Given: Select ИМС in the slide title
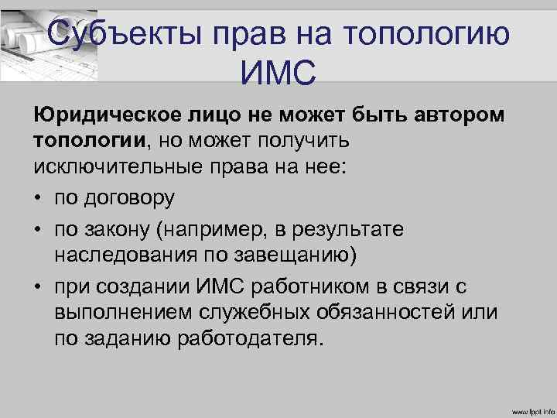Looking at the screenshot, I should pyautogui.click(x=278, y=74).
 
